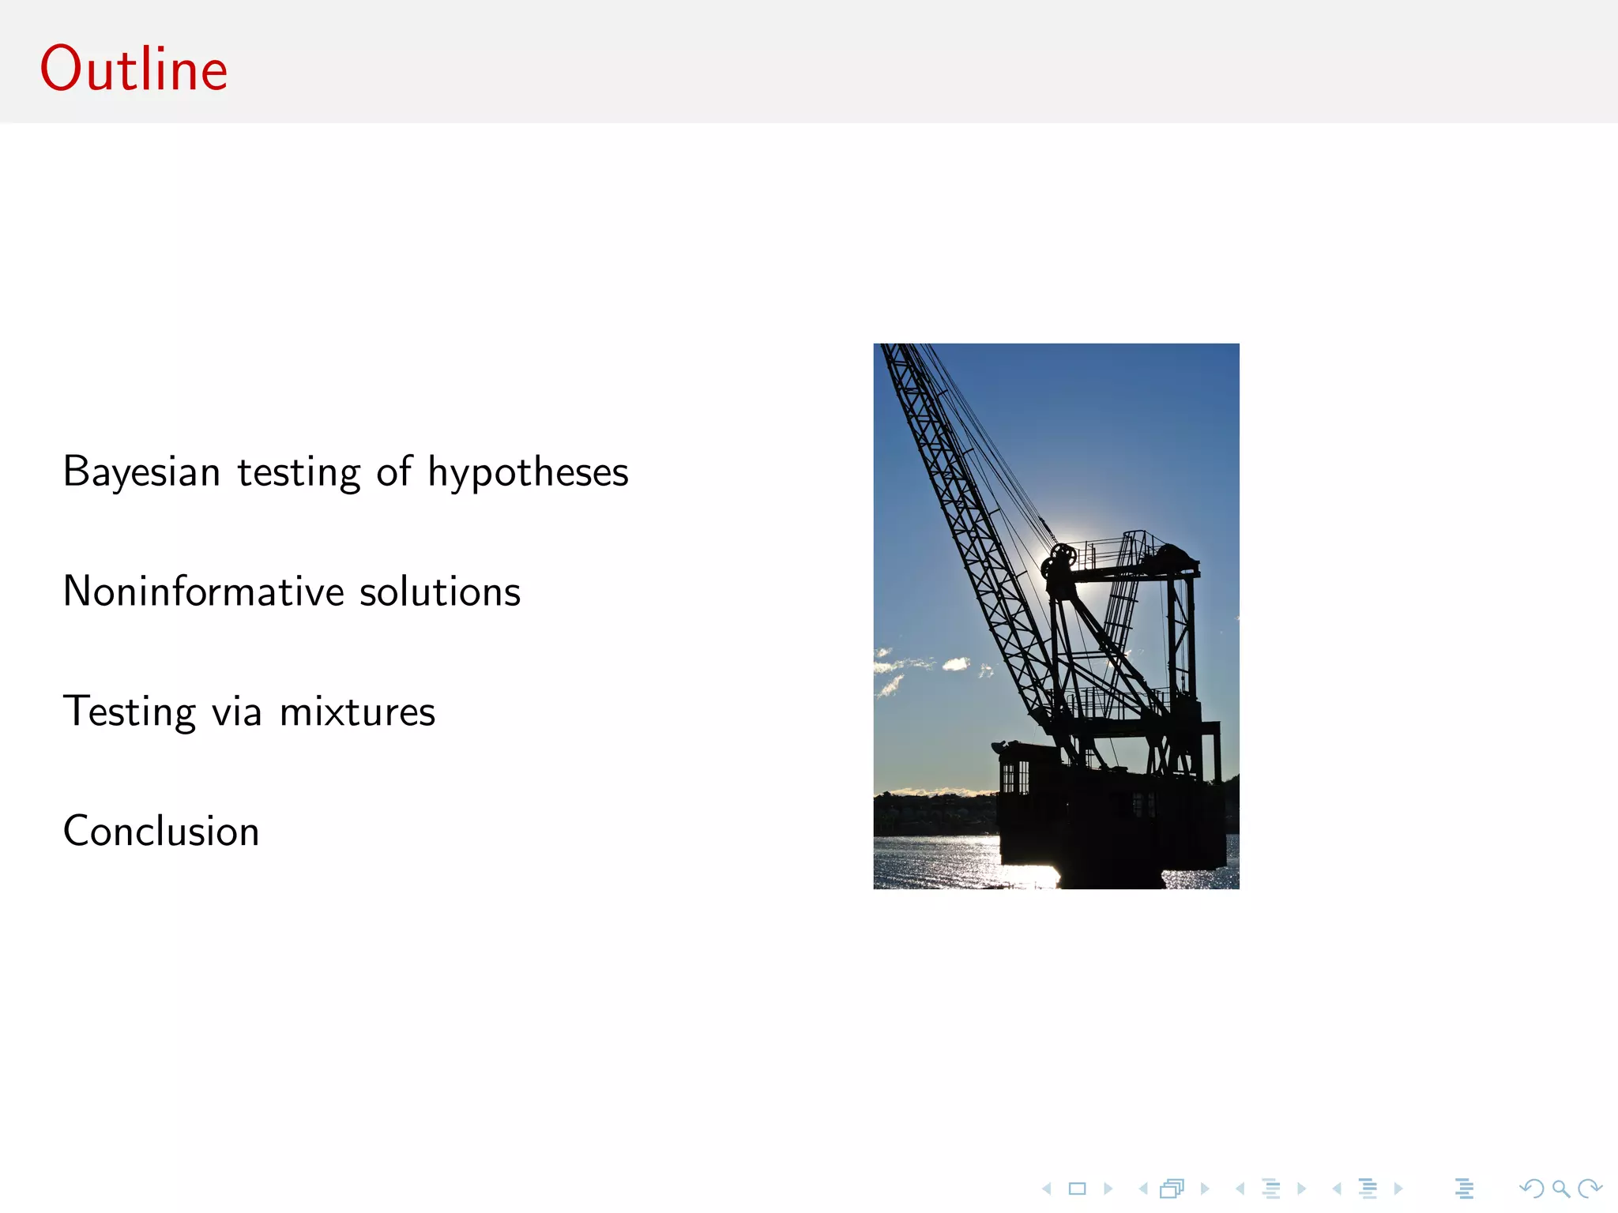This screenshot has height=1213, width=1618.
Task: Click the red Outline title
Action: coord(134,69)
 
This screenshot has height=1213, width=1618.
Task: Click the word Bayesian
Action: coord(141,472)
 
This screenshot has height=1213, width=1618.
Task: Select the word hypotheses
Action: coord(528,472)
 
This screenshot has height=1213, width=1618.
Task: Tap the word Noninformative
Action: coord(203,591)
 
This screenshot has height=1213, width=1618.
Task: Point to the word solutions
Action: coord(440,591)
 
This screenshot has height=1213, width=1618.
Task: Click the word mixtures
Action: coord(357,712)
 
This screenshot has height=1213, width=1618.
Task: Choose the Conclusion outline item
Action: coord(161,831)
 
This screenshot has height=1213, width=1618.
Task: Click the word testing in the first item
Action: coord(299,472)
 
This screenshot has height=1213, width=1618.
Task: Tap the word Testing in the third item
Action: coord(130,712)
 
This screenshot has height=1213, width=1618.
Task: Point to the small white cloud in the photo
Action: coord(956,663)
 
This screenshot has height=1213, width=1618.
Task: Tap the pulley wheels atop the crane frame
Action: coord(1058,561)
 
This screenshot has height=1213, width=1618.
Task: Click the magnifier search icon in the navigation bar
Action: coord(1560,1188)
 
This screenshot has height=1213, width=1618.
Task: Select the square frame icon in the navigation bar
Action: coord(1077,1188)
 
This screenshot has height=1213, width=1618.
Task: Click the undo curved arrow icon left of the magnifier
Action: coord(1531,1188)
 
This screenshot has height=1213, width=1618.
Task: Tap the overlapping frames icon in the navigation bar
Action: coord(1172,1188)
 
